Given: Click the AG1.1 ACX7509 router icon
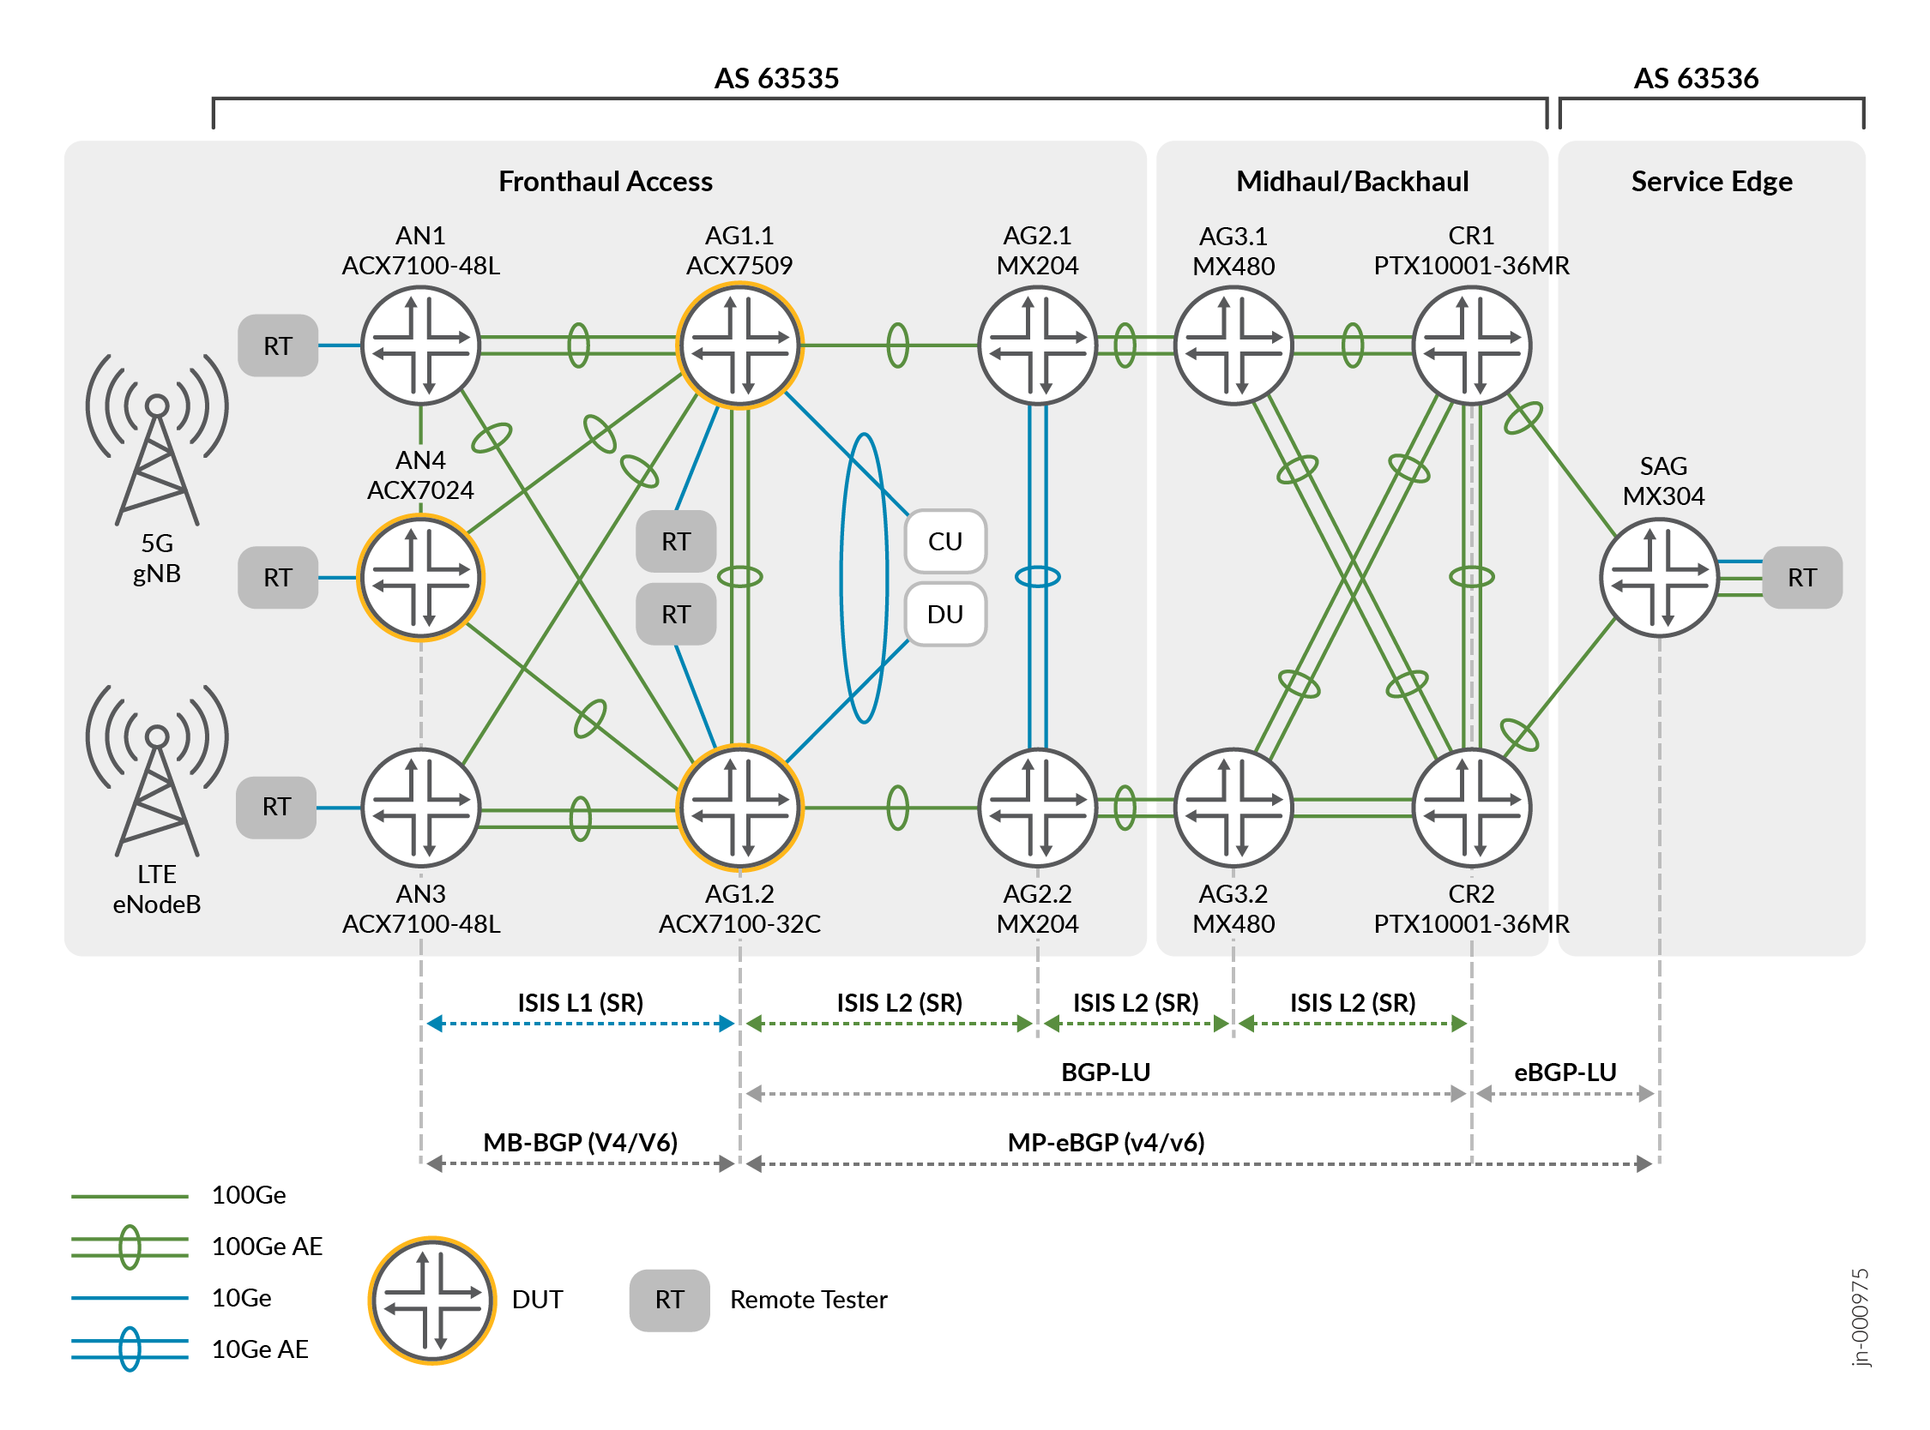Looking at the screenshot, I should tap(739, 345).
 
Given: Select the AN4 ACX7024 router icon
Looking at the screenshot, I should tap(421, 577).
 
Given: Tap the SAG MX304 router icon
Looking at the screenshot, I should tap(1658, 577).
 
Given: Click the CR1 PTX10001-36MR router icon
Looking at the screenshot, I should tap(1470, 345).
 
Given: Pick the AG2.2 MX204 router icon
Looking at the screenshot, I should tap(1036, 808).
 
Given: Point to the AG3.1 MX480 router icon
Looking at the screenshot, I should tap(1233, 345).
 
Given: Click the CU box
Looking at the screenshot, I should tap(944, 541).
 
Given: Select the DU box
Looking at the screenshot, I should tap(944, 614).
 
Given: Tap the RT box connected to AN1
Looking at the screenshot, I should tap(277, 345).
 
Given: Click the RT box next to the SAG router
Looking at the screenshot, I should tap(1801, 577).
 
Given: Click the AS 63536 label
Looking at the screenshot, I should tap(1694, 78).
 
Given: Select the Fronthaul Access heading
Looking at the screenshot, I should tap(606, 181).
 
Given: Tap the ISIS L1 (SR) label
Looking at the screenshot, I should tap(580, 1002).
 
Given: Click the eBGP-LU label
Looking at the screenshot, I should tap(1564, 1072).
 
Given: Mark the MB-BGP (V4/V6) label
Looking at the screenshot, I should tap(580, 1142).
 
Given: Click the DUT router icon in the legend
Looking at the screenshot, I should tap(432, 1300).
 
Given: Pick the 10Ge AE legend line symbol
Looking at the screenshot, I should tap(130, 1348).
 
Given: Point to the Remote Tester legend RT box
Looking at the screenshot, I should tap(668, 1300).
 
